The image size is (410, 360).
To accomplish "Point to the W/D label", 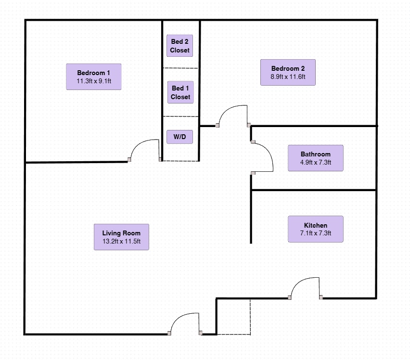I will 179,137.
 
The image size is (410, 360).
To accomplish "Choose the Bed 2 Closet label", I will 179,46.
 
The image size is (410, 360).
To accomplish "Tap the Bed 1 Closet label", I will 180,92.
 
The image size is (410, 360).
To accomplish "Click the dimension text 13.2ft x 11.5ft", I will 121,242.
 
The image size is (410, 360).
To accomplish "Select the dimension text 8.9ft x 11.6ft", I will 288,77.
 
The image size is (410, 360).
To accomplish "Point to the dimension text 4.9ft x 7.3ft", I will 315,163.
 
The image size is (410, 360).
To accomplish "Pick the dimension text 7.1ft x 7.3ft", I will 315,233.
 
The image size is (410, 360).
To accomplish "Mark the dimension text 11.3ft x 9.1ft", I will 93,81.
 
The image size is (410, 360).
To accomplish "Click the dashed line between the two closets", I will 180,68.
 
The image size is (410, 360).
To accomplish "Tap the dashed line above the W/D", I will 180,116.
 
